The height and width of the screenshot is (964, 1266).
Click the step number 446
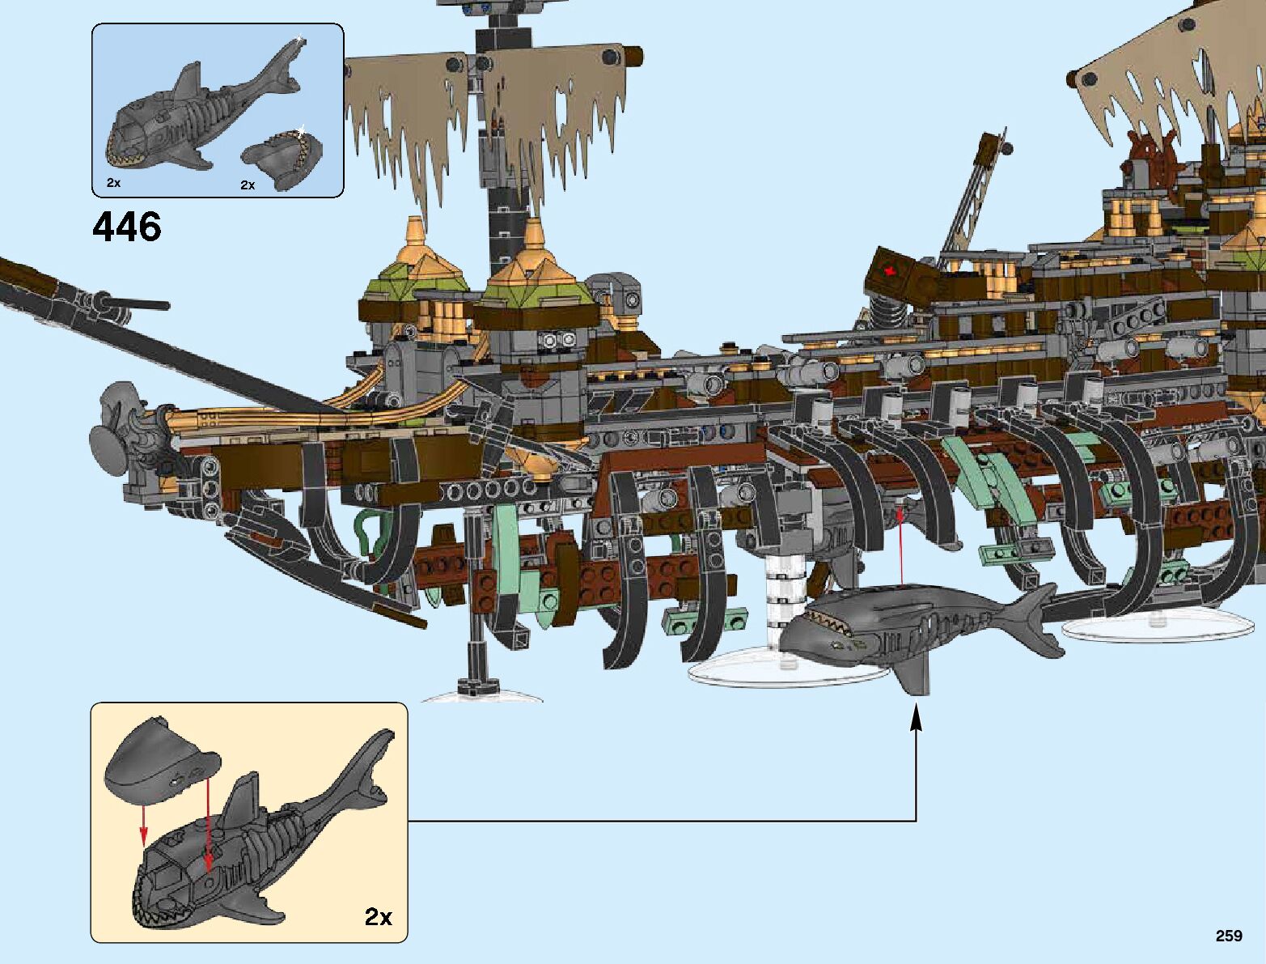click(x=127, y=227)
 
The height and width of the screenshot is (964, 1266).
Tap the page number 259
click(x=1228, y=936)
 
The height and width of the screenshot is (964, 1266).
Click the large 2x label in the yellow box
click(x=378, y=917)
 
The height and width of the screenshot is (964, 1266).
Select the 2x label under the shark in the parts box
click(x=113, y=183)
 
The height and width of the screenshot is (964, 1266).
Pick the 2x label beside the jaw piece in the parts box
click(x=248, y=185)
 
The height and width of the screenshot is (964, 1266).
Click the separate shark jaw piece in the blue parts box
click(x=282, y=158)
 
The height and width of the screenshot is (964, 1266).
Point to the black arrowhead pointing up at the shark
click(x=916, y=720)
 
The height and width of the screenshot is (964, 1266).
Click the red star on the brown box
click(x=891, y=271)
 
